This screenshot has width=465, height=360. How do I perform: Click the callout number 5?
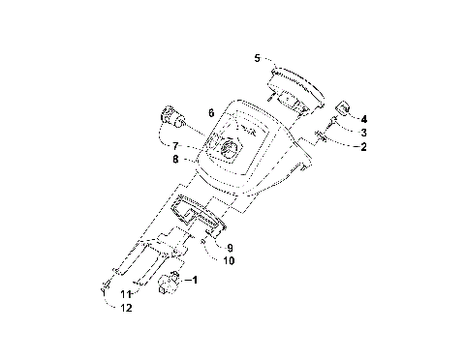coord(257,58)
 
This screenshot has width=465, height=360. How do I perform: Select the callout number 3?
coord(363,133)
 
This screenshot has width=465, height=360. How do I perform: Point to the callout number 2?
coord(363,147)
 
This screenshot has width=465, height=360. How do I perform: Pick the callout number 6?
coord(211,113)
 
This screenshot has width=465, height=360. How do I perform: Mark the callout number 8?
coord(174,160)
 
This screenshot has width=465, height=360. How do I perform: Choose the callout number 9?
coord(230,247)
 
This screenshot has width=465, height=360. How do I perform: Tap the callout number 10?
coord(229,260)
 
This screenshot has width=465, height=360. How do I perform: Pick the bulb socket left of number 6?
coord(175,118)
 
